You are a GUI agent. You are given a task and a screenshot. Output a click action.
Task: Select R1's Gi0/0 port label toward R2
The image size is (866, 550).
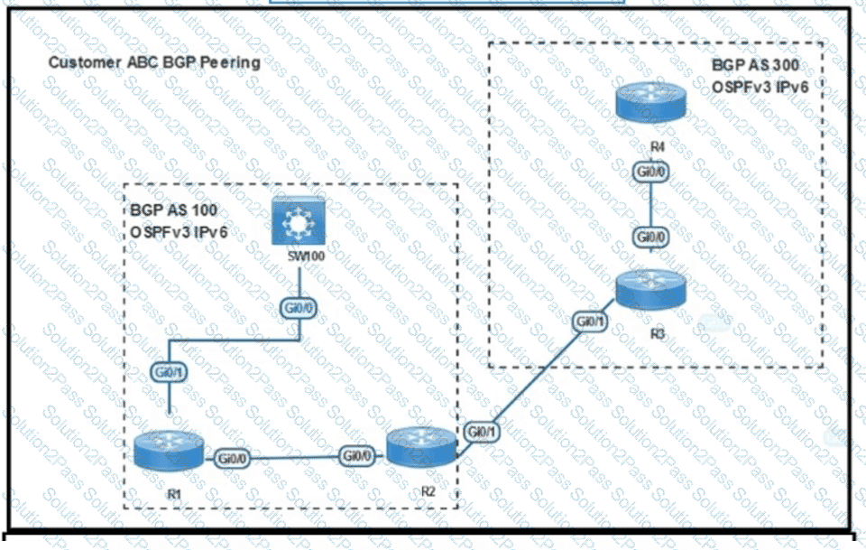[x=234, y=458]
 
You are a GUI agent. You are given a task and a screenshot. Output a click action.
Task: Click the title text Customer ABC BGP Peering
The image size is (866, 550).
[x=153, y=62]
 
